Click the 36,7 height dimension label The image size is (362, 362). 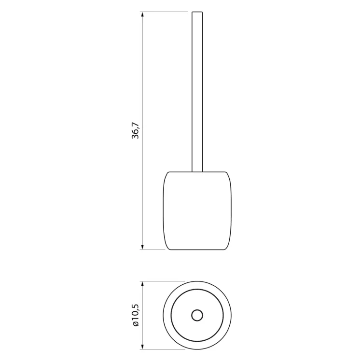pyautogui.click(x=135, y=130)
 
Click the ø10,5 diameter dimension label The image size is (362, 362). pyautogui.click(x=136, y=315)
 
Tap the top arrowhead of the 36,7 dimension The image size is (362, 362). pyautogui.click(x=142, y=15)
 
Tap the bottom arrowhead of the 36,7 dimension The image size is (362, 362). pyautogui.click(x=142, y=247)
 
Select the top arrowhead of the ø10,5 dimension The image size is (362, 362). pyautogui.click(x=142, y=284)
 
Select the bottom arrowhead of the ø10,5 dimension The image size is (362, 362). pyautogui.click(x=142, y=346)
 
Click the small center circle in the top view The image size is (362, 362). pyautogui.click(x=197, y=315)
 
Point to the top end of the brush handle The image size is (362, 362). pyautogui.click(x=197, y=12)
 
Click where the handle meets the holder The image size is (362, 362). pyautogui.click(x=197, y=172)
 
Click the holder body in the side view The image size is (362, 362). pyautogui.click(x=197, y=210)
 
